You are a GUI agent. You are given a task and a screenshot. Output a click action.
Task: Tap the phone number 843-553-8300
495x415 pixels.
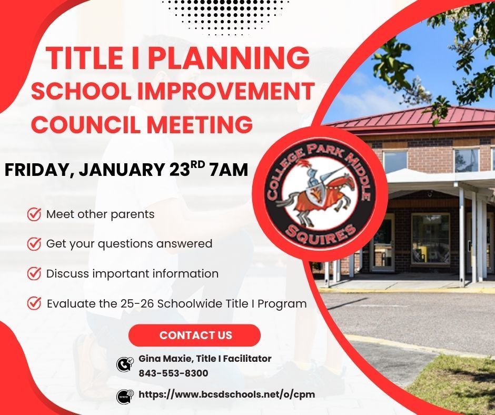(173, 373)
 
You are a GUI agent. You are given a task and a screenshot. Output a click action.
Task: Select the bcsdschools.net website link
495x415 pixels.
(226, 394)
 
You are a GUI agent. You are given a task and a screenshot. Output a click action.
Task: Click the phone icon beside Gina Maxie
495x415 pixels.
(124, 364)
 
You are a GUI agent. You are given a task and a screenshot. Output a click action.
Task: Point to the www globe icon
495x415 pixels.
(124, 396)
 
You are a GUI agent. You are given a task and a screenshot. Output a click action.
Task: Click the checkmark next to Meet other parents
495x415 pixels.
(34, 214)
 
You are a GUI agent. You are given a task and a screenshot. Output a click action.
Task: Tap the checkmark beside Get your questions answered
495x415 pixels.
(34, 244)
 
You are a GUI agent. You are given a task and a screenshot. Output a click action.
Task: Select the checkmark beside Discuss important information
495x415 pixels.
(34, 274)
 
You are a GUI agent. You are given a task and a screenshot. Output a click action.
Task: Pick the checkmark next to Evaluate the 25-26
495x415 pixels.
(34, 303)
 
